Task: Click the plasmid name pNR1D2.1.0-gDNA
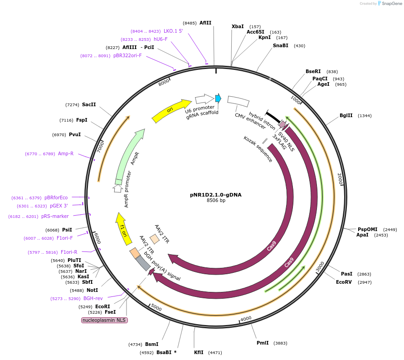click(215, 194)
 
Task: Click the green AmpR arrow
click(129, 154)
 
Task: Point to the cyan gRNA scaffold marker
click(218, 98)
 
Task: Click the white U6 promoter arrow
click(204, 99)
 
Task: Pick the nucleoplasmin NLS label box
click(104, 320)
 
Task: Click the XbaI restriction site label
click(238, 27)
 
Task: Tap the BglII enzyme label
click(346, 115)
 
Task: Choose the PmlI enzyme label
click(263, 343)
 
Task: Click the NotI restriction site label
click(92, 290)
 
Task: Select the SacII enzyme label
click(89, 104)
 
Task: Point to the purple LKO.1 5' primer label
click(173, 31)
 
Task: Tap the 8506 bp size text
click(216, 200)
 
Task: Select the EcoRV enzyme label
click(344, 282)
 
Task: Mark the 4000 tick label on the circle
click(246, 319)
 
